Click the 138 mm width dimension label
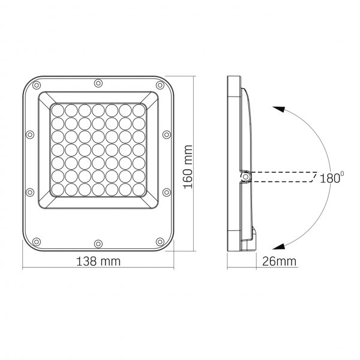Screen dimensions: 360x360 (x=98, y=261)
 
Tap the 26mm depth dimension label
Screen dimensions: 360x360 (x=278, y=261)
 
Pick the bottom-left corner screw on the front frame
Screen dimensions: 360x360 (x=37, y=242)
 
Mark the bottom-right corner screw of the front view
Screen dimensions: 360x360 (x=159, y=242)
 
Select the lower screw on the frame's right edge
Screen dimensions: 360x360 (x=166, y=191)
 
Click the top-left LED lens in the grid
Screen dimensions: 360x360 (x=57, y=110)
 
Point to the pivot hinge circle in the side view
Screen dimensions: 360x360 (x=245, y=176)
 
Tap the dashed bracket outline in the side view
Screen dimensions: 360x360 (x=282, y=176)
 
